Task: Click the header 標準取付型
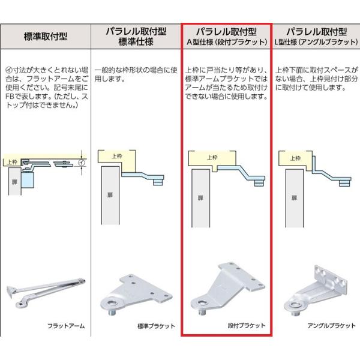point(46,37)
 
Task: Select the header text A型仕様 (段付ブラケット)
point(227,42)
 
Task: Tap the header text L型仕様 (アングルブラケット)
point(317,42)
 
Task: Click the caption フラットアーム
point(66,326)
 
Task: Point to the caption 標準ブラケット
point(156,326)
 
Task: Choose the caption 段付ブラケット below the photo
point(247,325)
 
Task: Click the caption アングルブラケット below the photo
point(332,325)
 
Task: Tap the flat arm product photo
point(46,292)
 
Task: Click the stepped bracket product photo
point(228,289)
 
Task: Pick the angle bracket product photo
point(315,290)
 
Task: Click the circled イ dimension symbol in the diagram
point(82,163)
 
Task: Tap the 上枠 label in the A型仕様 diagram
point(212,157)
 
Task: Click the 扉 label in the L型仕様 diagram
point(294,197)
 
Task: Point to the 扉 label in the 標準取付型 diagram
point(14,182)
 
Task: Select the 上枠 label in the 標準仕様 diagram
point(116,156)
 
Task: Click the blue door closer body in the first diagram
point(28,180)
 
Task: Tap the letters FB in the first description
point(10,96)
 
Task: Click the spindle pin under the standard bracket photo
point(112,313)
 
